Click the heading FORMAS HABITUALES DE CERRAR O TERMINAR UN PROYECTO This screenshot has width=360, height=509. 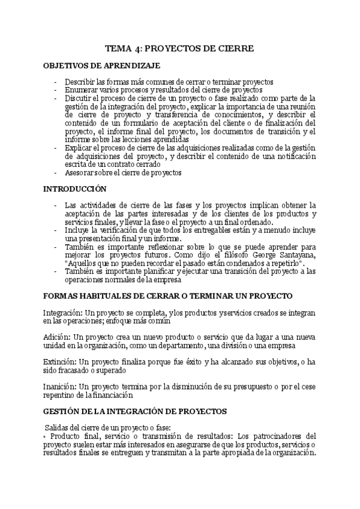tap(168, 297)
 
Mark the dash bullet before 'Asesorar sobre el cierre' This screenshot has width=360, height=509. tap(56, 173)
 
